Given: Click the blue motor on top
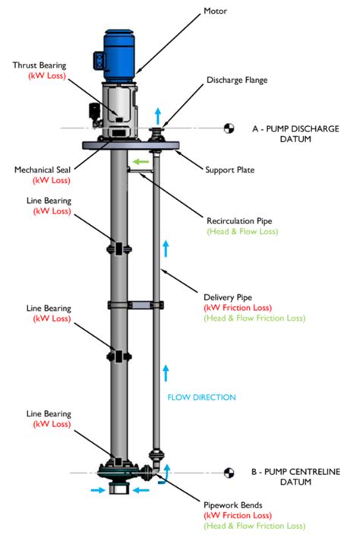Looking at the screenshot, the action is point(118,56).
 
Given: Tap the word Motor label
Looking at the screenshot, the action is point(215,11).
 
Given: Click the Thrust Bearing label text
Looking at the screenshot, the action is point(39,65).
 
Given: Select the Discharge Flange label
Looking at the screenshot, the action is point(237,81).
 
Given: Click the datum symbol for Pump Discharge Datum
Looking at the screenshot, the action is point(229,128).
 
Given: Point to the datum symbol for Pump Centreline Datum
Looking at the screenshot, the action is point(229,473).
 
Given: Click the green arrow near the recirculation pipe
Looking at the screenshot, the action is point(141,161).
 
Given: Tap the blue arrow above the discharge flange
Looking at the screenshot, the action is point(158,116).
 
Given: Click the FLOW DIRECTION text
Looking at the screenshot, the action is point(201,397).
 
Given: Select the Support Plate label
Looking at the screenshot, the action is point(229,170).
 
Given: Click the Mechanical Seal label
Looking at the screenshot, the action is point(43,170).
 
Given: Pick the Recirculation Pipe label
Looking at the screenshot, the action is point(239,221).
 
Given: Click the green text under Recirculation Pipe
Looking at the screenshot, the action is point(242,232).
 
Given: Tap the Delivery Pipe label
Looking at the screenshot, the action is point(228,297).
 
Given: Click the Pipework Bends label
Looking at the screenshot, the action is point(233,505).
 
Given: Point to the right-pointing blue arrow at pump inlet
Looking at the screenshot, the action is point(98,490).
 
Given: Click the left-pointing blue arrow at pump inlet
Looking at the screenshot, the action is point(141,490).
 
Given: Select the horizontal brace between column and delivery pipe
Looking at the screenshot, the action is point(141,305).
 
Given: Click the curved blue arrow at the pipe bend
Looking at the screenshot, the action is point(165,474).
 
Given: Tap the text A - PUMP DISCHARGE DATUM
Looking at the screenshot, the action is point(295,134).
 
